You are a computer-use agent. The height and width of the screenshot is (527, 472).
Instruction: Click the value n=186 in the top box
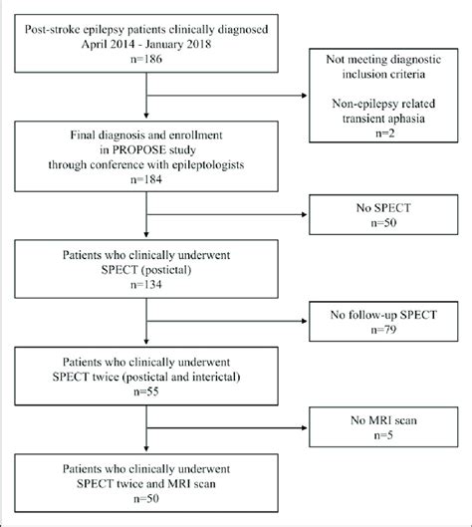click(147, 62)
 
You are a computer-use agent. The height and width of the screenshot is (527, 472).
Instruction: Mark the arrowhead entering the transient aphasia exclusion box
click(306, 96)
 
